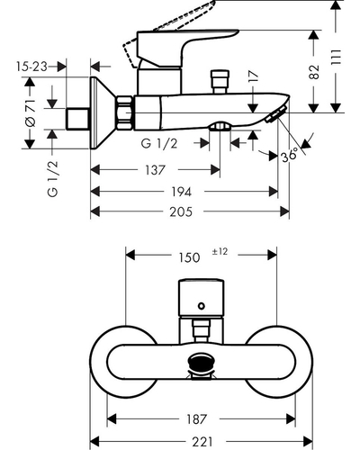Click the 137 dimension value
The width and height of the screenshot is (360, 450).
click(x=155, y=170)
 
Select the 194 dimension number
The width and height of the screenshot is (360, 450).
click(x=181, y=192)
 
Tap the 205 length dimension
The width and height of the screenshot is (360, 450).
click(x=181, y=211)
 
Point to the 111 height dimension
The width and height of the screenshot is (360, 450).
click(x=337, y=57)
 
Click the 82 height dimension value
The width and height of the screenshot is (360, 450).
click(x=314, y=72)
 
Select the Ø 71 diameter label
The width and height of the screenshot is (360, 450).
click(x=31, y=112)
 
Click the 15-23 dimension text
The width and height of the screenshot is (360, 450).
click(x=31, y=67)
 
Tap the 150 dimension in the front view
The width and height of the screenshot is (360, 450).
click(x=189, y=257)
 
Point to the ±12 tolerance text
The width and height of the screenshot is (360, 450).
click(x=220, y=251)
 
